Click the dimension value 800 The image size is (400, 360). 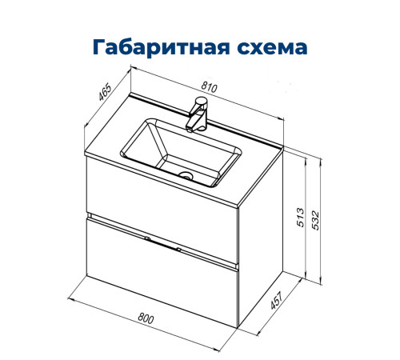tap(146, 318)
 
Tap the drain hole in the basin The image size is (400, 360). tap(186, 174)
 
